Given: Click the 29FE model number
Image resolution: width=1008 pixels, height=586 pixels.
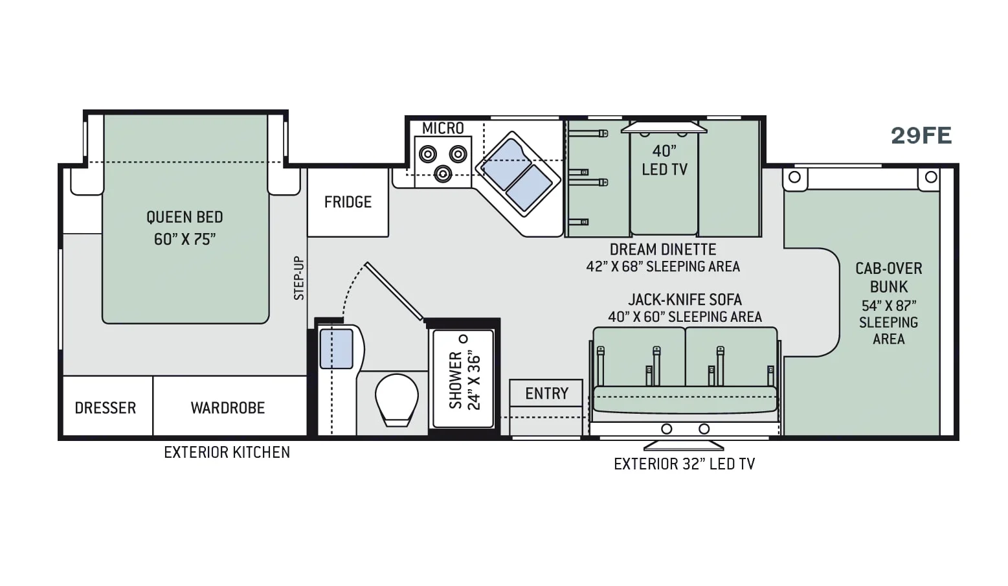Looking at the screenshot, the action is [921, 135].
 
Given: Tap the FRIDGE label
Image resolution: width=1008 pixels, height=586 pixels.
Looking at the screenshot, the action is [348, 202].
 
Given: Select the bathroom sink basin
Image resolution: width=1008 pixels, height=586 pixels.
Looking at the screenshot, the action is [336, 349].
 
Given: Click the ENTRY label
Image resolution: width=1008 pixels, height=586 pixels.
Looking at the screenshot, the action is [547, 394].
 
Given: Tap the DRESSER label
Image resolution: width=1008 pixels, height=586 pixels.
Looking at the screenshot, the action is [106, 408].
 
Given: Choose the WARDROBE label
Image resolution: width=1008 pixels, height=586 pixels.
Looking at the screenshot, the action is [228, 408].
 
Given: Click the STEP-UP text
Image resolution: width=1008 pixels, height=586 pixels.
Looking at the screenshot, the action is [299, 278].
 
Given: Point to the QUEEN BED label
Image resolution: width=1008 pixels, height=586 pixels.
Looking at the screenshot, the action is [185, 218].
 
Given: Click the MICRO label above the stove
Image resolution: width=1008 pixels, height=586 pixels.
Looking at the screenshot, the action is [443, 128].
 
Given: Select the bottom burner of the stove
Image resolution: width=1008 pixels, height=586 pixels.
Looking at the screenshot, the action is [443, 174].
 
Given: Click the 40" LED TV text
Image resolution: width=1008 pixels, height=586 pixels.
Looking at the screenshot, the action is [665, 160].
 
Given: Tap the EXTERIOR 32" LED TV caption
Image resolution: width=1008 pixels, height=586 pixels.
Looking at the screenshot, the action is [684, 464].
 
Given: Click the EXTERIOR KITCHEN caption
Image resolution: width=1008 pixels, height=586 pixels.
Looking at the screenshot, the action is [227, 453].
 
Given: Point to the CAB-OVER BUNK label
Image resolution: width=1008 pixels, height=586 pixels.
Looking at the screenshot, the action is [889, 278].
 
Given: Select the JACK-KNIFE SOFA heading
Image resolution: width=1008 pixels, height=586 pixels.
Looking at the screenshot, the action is [685, 300].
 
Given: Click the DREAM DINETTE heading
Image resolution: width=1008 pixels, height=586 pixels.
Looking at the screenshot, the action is [663, 249].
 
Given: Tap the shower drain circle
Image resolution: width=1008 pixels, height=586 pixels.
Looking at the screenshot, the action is [464, 339].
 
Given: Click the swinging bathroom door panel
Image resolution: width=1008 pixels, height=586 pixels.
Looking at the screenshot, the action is [394, 291].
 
